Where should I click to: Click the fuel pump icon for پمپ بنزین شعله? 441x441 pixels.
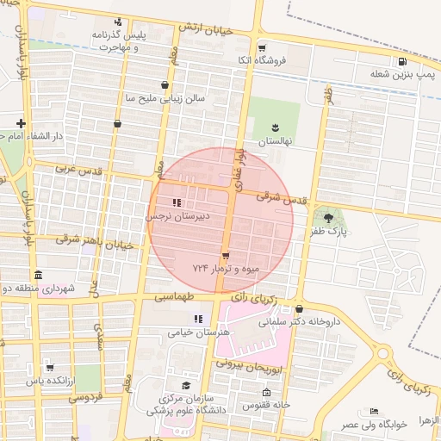point(402,61)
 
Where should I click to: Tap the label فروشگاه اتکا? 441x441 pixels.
point(264,60)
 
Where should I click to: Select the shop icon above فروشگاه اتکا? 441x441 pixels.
point(262,47)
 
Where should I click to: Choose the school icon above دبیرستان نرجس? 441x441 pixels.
point(176,203)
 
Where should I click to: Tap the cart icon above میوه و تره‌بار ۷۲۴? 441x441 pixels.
point(226,256)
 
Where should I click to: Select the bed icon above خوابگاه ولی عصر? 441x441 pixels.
point(374,412)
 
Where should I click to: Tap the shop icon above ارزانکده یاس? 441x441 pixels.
point(49,368)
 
